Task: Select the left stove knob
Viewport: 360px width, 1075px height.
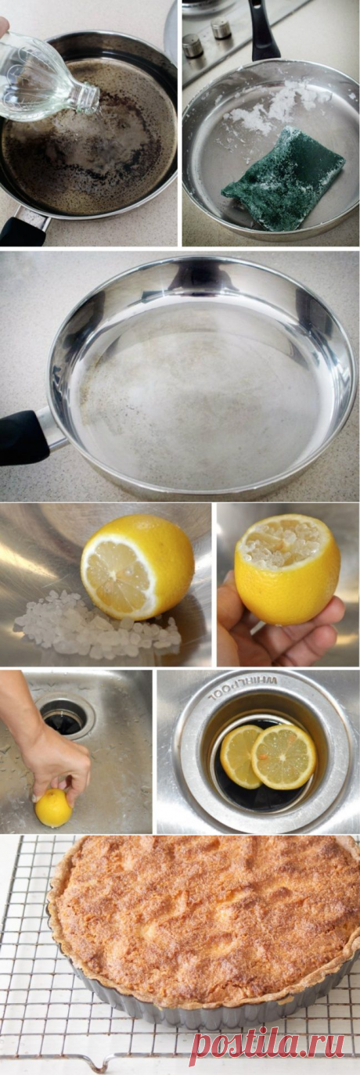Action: pyautogui.click(x=193, y=45)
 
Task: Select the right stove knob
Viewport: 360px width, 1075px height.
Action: pyautogui.click(x=221, y=28)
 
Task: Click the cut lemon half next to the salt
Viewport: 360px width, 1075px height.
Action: pyautogui.click(x=137, y=566)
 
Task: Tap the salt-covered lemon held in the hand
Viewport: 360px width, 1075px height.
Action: pyautogui.click(x=287, y=569)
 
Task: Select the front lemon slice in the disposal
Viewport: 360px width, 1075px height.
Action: pyautogui.click(x=283, y=757)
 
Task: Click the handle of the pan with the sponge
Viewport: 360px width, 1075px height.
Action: pyautogui.click(x=262, y=29)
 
